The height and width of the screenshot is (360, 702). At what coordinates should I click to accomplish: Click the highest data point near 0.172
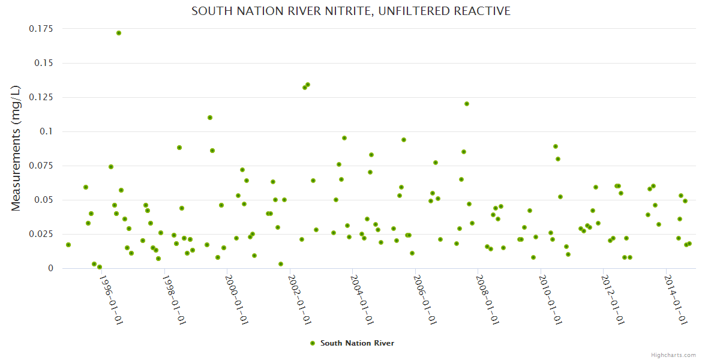[x=119, y=33]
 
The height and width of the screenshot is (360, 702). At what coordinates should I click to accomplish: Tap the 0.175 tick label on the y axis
[x=41, y=29]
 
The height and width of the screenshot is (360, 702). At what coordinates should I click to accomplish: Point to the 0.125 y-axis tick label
[x=41, y=97]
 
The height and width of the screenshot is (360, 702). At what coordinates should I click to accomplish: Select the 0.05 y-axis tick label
[x=43, y=200]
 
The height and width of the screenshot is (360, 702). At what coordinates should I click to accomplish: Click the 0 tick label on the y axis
[x=50, y=268]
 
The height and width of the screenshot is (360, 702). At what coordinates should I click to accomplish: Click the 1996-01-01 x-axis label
[x=110, y=300]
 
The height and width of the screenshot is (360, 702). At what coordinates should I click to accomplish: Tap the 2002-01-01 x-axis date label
[x=298, y=300]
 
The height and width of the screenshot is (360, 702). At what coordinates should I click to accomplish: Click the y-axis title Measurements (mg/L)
[x=16, y=148]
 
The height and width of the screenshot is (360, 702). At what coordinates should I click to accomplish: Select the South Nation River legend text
[x=357, y=343]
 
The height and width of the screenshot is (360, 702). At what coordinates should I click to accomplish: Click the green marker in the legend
[x=312, y=343]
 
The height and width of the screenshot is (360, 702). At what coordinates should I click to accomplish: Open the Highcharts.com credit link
[x=673, y=355]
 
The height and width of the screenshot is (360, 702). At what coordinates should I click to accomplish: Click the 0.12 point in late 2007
[x=467, y=104]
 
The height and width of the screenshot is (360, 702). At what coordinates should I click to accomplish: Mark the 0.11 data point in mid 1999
[x=210, y=118]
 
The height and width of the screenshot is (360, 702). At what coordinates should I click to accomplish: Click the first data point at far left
[x=68, y=245]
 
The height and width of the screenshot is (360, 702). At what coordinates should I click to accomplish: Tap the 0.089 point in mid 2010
[x=556, y=146]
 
